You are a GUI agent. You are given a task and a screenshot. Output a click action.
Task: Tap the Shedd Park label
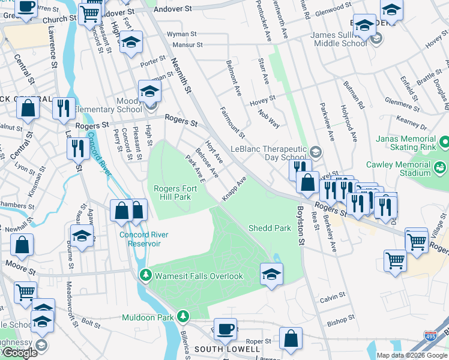(270, 228)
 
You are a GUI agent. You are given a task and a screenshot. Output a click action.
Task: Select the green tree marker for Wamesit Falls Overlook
(145, 276)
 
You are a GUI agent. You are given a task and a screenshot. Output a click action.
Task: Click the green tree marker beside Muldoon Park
(183, 316)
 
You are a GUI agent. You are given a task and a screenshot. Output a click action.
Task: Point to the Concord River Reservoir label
(143, 239)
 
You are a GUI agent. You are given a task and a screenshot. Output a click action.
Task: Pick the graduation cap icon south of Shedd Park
(272, 274)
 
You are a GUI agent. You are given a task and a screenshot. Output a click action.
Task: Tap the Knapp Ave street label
(234, 189)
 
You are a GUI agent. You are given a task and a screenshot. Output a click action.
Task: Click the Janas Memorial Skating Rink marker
(444, 142)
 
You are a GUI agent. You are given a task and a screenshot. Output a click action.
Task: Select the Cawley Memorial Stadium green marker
(439, 166)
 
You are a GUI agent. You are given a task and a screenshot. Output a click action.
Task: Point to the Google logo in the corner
(20, 353)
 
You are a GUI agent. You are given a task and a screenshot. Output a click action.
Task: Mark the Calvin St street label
(334, 297)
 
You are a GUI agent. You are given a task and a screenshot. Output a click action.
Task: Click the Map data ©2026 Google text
(412, 355)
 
